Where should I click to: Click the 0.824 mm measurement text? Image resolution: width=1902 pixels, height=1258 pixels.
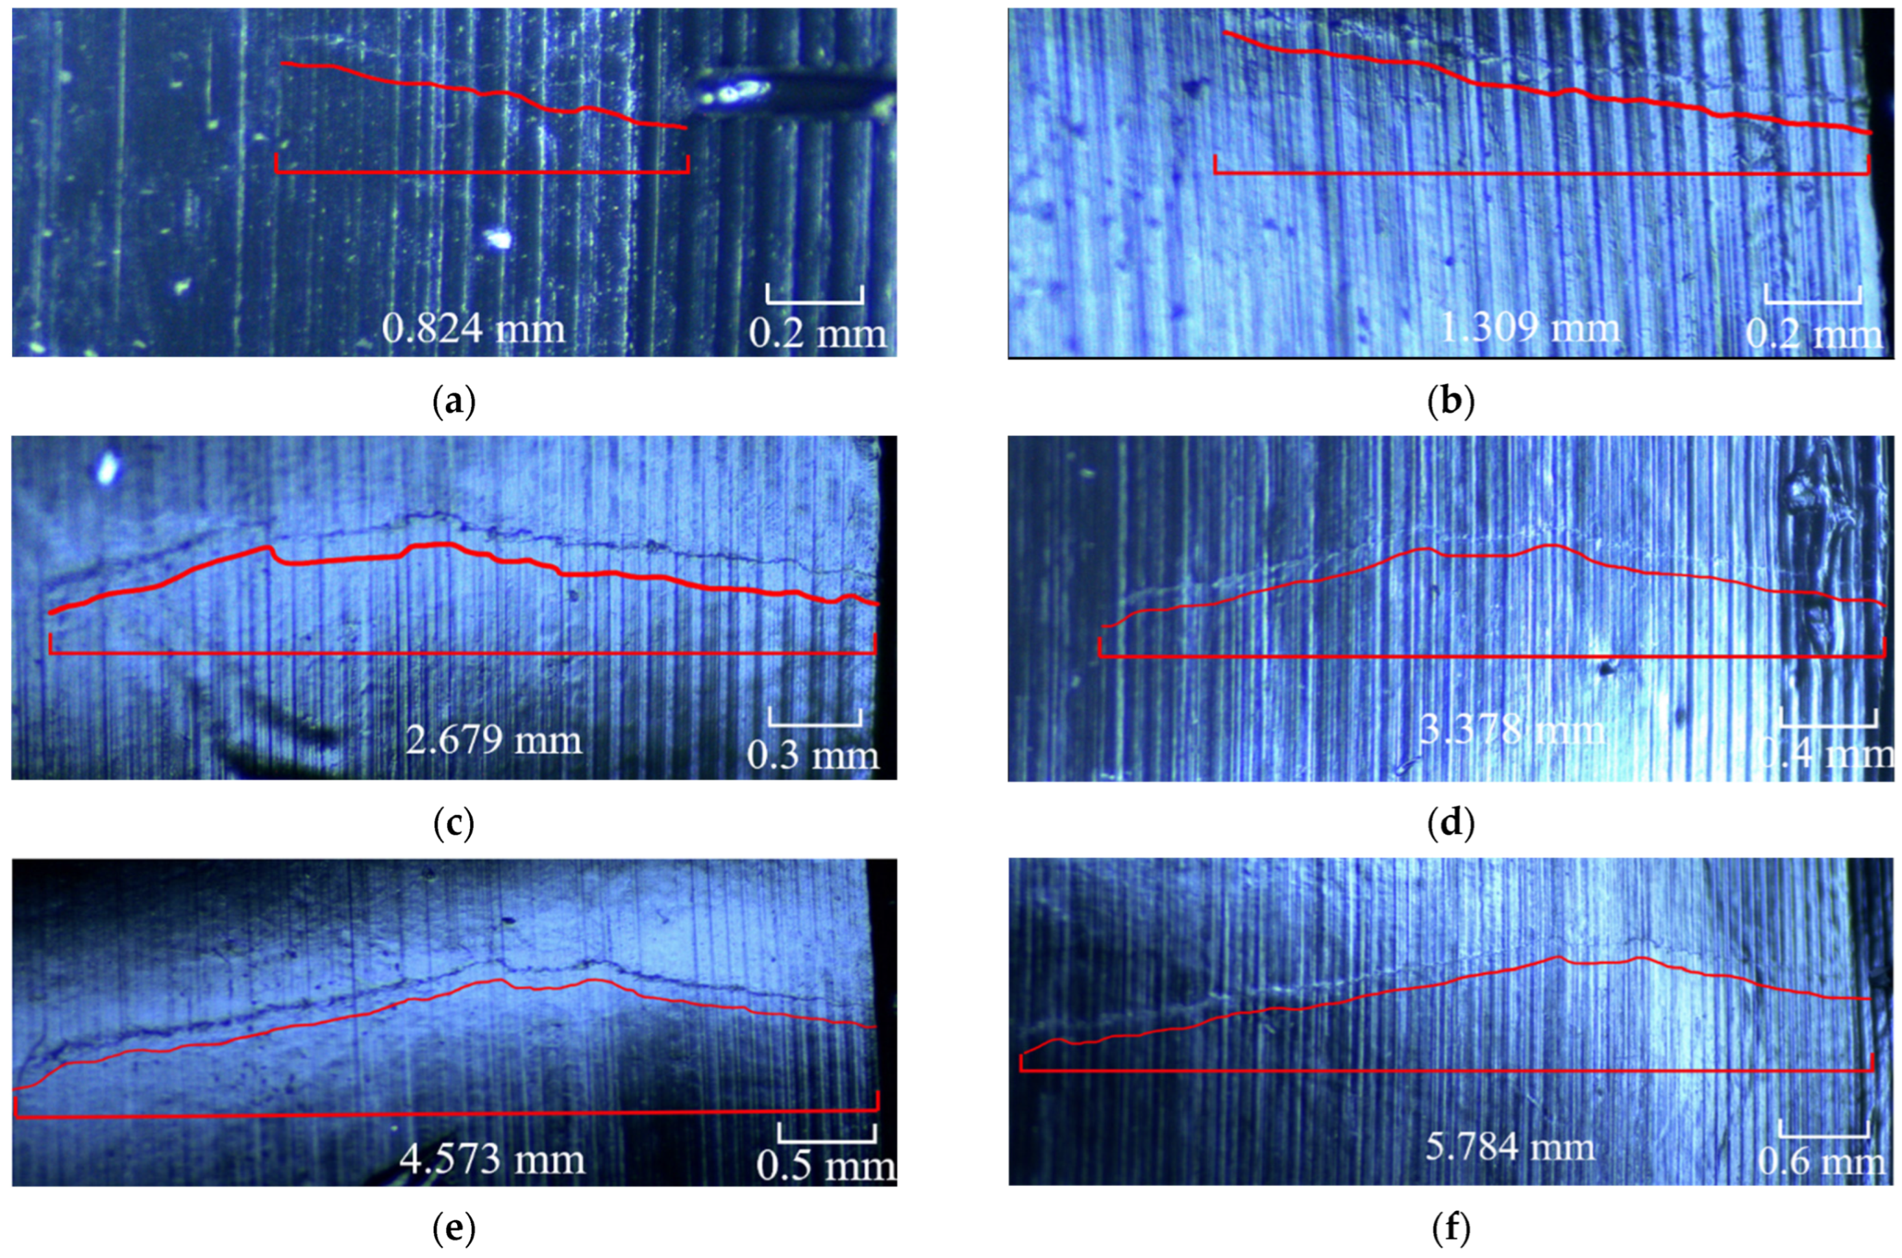click(x=473, y=329)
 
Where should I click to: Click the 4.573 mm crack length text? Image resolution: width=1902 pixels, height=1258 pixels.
click(x=491, y=1160)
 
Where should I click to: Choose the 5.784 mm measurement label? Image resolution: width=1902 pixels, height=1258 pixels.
click(x=1510, y=1148)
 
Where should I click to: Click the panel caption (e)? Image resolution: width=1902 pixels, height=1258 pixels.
click(x=454, y=1227)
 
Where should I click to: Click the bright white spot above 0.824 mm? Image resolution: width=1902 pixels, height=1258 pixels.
click(x=498, y=238)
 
